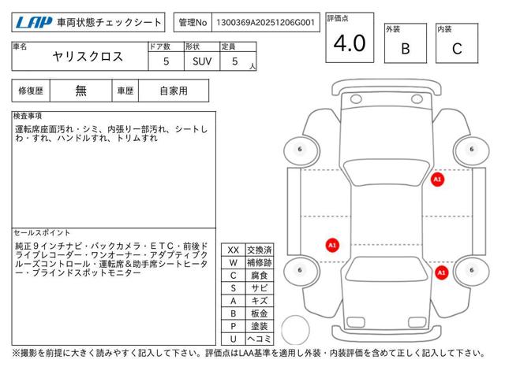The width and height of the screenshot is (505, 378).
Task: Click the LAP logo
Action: (x=32, y=23)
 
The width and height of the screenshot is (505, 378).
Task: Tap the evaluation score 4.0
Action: (x=350, y=44)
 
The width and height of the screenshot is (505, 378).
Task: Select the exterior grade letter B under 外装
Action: (x=405, y=48)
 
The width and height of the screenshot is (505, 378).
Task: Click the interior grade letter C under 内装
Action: (x=456, y=48)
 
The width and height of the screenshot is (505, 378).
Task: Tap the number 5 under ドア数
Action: (x=165, y=61)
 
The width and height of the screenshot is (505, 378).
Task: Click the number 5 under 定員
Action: (x=234, y=61)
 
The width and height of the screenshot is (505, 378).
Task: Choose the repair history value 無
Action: (x=80, y=91)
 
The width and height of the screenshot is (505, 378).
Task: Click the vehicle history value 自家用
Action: (x=173, y=91)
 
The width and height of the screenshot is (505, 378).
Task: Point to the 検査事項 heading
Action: (x=28, y=116)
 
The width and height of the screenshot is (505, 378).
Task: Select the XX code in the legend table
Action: (x=234, y=250)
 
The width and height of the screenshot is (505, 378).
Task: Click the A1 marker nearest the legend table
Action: (x=332, y=245)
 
